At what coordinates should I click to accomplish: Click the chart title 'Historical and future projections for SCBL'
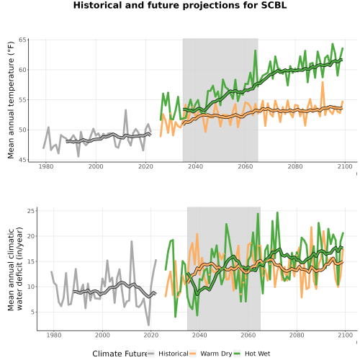click(x=180, y=5)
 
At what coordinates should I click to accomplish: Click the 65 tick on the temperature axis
click(x=22, y=40)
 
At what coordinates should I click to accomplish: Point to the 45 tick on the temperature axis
click(x=22, y=160)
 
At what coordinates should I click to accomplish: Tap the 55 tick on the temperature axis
click(x=22, y=100)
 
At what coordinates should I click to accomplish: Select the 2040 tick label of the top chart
click(x=195, y=166)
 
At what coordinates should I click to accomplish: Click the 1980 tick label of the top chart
click(x=46, y=166)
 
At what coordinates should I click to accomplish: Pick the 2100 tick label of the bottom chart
click(x=345, y=335)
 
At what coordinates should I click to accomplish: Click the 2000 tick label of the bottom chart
click(x=102, y=335)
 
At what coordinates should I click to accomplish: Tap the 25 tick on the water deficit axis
click(x=31, y=211)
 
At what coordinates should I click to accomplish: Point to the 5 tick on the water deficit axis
click(x=32, y=312)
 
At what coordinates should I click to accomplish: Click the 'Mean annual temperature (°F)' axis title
click(x=11, y=100)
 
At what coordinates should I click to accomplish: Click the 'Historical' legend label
click(x=174, y=354)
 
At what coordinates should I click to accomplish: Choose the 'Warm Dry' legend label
click(x=216, y=354)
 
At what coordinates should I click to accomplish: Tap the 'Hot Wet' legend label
click(x=257, y=354)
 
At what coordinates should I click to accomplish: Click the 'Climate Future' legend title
click(x=120, y=354)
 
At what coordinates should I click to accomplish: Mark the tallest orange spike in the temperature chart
click(x=323, y=82)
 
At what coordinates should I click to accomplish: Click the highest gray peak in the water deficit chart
click(x=132, y=241)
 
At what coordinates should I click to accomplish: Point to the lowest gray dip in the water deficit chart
click(x=148, y=325)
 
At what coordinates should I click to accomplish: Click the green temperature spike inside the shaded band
click(x=256, y=50)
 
